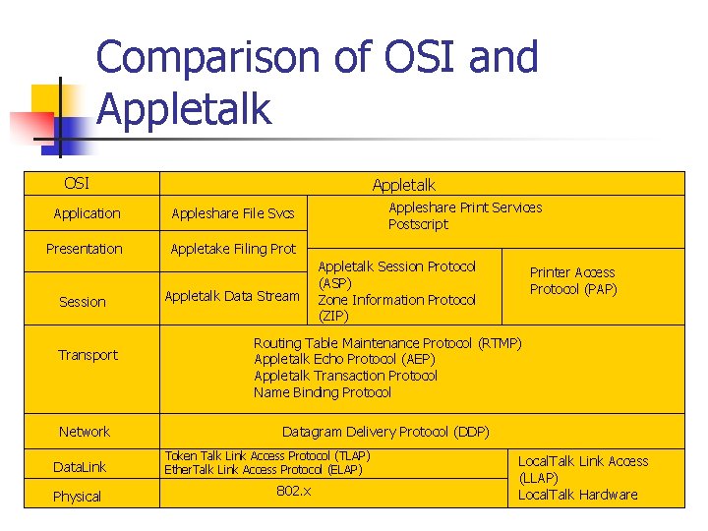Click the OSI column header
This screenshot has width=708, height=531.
pyautogui.click(x=76, y=183)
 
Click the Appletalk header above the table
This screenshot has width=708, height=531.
pyautogui.click(x=403, y=185)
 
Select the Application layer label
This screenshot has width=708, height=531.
pyautogui.click(x=87, y=213)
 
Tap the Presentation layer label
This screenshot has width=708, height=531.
pyautogui.click(x=85, y=249)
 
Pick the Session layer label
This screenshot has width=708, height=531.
pyautogui.click(x=83, y=302)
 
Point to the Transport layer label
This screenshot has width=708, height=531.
pyautogui.click(x=88, y=355)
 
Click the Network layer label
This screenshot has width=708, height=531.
pyautogui.click(x=85, y=432)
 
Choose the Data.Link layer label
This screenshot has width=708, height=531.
pyautogui.click(x=80, y=466)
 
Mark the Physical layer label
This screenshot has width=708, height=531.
pyautogui.click(x=77, y=497)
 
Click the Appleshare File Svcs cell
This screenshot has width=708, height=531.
pyautogui.click(x=233, y=213)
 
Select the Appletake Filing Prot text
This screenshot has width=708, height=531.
pyautogui.click(x=233, y=249)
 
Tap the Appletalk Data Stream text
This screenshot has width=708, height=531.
pyautogui.click(x=232, y=296)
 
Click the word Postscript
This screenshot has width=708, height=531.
pyautogui.click(x=418, y=224)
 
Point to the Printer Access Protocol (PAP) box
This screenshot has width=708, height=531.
pyautogui.click(x=573, y=280)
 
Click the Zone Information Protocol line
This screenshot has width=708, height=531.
pyautogui.click(x=396, y=300)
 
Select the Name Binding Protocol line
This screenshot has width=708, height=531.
pyautogui.click(x=323, y=392)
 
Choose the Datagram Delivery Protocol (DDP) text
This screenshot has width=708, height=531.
pyautogui.click(x=385, y=432)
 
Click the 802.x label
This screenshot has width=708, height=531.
pyautogui.click(x=293, y=490)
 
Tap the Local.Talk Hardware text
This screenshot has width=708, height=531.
pyautogui.click(x=577, y=495)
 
